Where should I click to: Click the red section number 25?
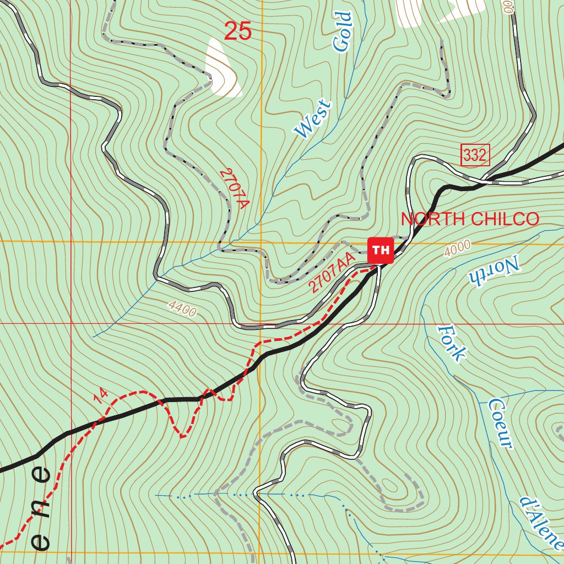pos(238,31)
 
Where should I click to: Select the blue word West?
pos(313,119)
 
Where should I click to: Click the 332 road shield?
pos(475,156)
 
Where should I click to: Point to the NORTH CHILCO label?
pos(470,219)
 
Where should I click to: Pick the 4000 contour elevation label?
pos(457,248)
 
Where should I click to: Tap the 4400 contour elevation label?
pos(182,310)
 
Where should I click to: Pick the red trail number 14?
pos(100,395)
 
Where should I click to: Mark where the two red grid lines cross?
pos(71,323)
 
